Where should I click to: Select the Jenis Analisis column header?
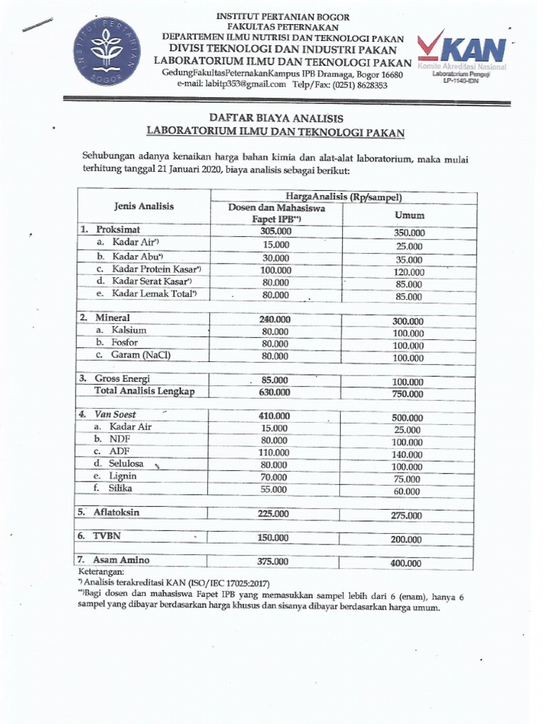click(x=144, y=206)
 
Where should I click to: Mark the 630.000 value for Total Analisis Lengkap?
click(x=275, y=392)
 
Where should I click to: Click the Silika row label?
click(x=120, y=488)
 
